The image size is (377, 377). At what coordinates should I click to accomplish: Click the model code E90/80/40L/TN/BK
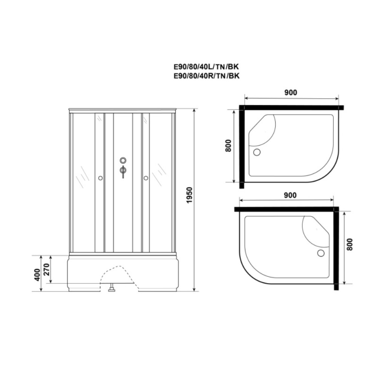click(206, 66)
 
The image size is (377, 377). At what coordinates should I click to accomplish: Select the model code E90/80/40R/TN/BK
click(207, 76)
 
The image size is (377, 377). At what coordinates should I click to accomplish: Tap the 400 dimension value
click(37, 274)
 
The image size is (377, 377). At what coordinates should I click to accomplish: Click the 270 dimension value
click(47, 269)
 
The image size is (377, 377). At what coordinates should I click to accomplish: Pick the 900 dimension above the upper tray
click(291, 92)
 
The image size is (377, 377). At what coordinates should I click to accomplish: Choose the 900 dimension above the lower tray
click(290, 195)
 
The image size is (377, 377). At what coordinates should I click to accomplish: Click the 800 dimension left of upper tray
click(228, 146)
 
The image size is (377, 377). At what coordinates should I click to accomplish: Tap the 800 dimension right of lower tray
click(350, 245)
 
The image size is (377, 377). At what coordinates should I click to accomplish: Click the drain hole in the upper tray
click(257, 152)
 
